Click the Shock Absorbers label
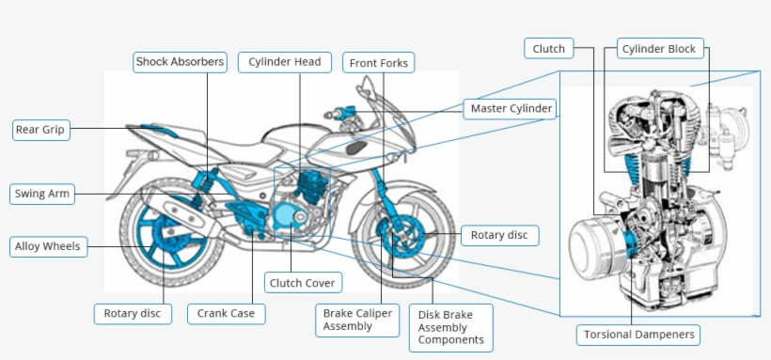180,62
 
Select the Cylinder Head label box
285,62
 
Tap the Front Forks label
379,63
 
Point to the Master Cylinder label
511,109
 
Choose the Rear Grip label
40,130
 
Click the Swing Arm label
42,194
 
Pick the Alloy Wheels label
48,246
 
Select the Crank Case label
227,314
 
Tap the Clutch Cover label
304,283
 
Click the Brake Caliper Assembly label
357,321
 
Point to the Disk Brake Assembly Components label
451,327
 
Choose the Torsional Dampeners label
638,335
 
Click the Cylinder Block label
660,49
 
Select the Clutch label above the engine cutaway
549,49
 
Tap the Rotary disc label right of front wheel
500,236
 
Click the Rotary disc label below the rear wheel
133,314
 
